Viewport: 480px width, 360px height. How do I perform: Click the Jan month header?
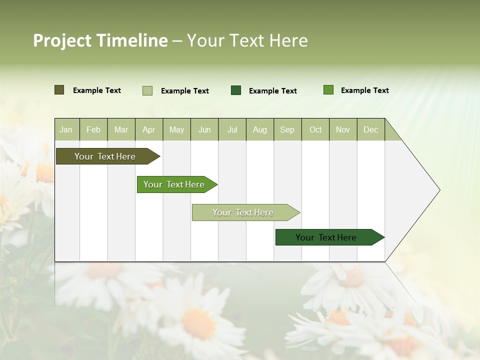[66, 129]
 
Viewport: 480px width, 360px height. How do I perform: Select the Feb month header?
[93, 129]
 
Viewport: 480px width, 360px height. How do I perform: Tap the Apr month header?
[148, 129]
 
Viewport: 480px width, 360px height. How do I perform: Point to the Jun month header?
[204, 129]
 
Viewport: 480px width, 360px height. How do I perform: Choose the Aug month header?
[259, 129]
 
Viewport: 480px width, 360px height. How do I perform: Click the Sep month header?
[287, 129]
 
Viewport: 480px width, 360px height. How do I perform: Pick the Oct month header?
[315, 129]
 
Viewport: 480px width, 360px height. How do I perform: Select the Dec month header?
[370, 129]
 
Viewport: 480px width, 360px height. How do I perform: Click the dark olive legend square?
[59, 90]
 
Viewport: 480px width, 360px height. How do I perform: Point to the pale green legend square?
[147, 90]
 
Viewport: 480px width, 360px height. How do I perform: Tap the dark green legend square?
[236, 90]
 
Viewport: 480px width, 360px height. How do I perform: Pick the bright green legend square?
[328, 90]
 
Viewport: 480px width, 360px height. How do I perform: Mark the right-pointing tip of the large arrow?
[438, 190]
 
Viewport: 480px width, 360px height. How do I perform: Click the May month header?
[176, 129]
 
